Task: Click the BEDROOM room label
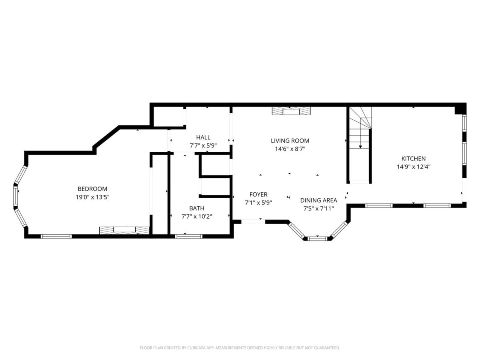click(92, 189)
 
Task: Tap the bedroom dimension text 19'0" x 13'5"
click(92, 197)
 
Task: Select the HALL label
click(203, 138)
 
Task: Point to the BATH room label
click(196, 208)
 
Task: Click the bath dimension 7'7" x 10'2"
click(197, 217)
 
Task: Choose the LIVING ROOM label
click(290, 141)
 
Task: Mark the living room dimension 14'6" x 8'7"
click(290, 149)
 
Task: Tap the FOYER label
click(258, 194)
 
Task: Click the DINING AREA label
click(319, 200)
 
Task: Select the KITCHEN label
click(413, 159)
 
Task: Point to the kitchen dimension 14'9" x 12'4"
click(414, 167)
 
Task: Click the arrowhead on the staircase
click(360, 147)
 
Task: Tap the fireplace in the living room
click(291, 111)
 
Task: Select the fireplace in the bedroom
click(124, 231)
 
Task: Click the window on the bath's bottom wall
click(188, 236)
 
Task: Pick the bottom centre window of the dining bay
click(317, 238)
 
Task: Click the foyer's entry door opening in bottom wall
click(253, 222)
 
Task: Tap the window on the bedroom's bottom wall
click(56, 236)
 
